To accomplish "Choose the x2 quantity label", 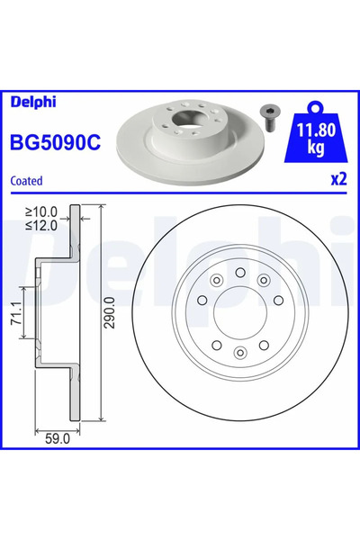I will coord(337,178).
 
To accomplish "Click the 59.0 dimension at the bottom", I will coord(57,441).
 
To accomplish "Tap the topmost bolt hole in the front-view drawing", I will coord(241,271).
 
